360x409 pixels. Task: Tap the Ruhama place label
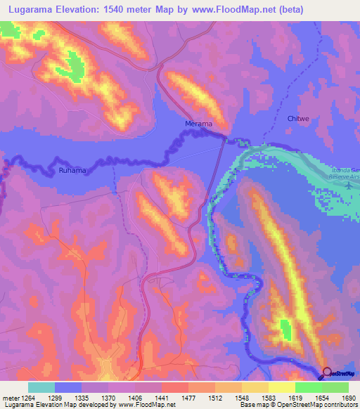click(72, 170)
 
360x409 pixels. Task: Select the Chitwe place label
click(298, 119)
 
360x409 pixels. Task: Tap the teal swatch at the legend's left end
click(41, 387)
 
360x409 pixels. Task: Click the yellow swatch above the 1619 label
click(281, 387)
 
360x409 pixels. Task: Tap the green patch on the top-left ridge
click(72, 65)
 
